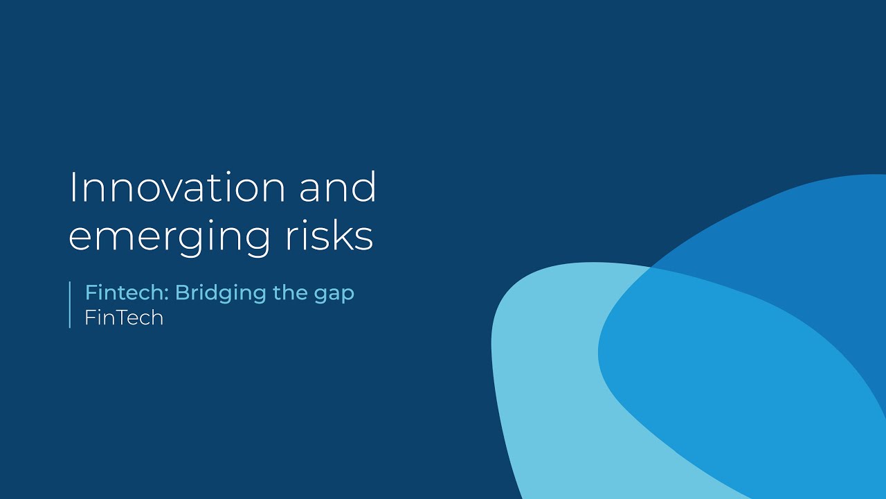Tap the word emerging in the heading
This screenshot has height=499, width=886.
[169, 236]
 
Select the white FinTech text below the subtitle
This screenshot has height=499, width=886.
[124, 317]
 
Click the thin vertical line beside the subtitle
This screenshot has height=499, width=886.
[70, 304]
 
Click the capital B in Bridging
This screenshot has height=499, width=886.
[181, 292]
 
